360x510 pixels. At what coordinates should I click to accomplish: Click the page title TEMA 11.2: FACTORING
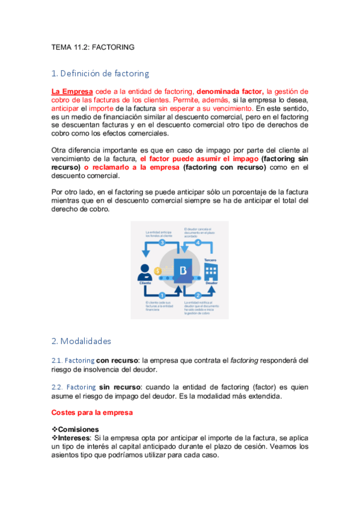93,46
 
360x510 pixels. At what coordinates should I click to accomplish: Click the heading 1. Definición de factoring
100,74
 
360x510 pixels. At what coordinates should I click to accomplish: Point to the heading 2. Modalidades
81,341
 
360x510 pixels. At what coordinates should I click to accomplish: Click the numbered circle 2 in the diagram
198,295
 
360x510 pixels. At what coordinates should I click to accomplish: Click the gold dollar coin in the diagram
158,271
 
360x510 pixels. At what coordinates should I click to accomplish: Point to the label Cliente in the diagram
145,282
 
